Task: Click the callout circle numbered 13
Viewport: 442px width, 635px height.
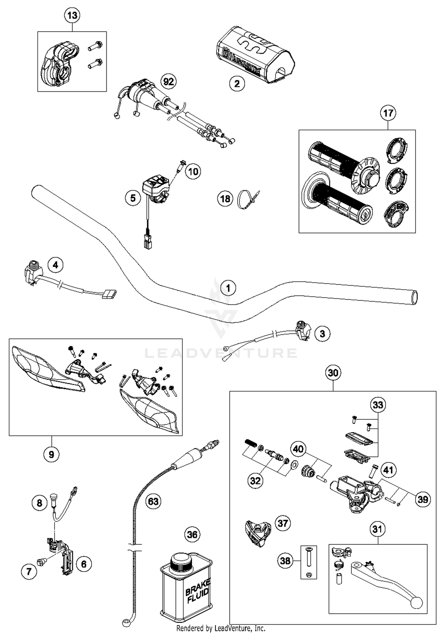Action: tap(72, 15)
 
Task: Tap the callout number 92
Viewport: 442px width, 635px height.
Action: tap(169, 82)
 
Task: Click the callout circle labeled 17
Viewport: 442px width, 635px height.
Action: tap(388, 113)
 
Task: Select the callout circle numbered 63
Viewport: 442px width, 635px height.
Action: tap(153, 501)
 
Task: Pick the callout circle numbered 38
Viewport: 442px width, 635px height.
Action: tap(285, 560)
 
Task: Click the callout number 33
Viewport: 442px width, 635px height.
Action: tap(378, 405)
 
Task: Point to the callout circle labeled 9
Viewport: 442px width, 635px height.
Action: tap(51, 454)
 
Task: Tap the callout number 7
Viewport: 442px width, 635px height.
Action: tap(29, 572)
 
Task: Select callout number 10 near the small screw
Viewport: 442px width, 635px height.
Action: tap(193, 171)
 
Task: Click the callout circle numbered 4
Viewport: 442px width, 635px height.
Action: tap(55, 265)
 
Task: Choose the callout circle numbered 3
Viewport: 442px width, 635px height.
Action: tap(322, 334)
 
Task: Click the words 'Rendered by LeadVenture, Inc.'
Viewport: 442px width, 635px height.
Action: tap(221, 628)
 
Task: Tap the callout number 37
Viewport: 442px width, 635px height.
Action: tap(283, 523)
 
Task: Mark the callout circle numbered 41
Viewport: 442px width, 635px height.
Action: tap(388, 470)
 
